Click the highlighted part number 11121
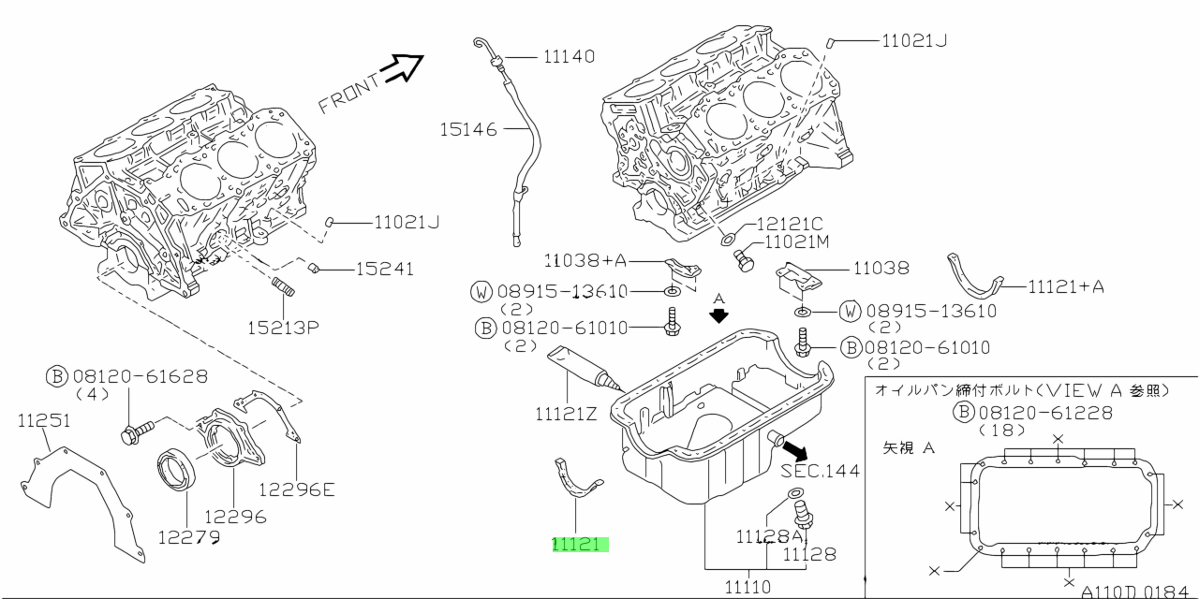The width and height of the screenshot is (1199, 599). point(580,544)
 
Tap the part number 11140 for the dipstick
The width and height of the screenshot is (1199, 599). point(569,57)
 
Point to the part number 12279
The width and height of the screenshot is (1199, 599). point(188,537)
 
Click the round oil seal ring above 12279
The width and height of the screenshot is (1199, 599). point(177,469)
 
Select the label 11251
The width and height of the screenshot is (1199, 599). point(44,422)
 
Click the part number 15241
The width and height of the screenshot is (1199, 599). point(384,270)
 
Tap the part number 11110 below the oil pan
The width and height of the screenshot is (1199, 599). point(748,586)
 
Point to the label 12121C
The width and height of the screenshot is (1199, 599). point(789,224)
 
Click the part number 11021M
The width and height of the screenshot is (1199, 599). point(797,242)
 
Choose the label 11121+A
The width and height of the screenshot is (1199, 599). point(1066,286)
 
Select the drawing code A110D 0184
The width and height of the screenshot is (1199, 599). point(1137,592)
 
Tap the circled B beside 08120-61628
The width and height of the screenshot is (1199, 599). point(57,376)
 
